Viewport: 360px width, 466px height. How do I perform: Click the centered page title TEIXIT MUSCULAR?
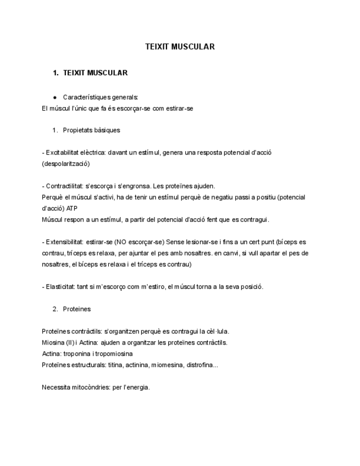pyautogui.click(x=180, y=47)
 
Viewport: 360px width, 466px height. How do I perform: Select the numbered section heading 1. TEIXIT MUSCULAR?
pyautogui.click(x=95, y=73)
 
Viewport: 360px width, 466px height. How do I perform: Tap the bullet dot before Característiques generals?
pyautogui.click(x=56, y=97)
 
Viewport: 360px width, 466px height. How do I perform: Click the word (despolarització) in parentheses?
pyautogui.click(x=65, y=163)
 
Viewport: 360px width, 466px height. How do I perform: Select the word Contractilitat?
pyautogui.click(x=64, y=186)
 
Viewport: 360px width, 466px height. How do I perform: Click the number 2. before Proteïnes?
pyautogui.click(x=56, y=309)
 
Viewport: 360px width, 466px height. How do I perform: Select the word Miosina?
pyautogui.click(x=52, y=342)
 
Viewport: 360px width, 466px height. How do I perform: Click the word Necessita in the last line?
pyautogui.click(x=56, y=387)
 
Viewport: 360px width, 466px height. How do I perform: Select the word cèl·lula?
pyautogui.click(x=217, y=331)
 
